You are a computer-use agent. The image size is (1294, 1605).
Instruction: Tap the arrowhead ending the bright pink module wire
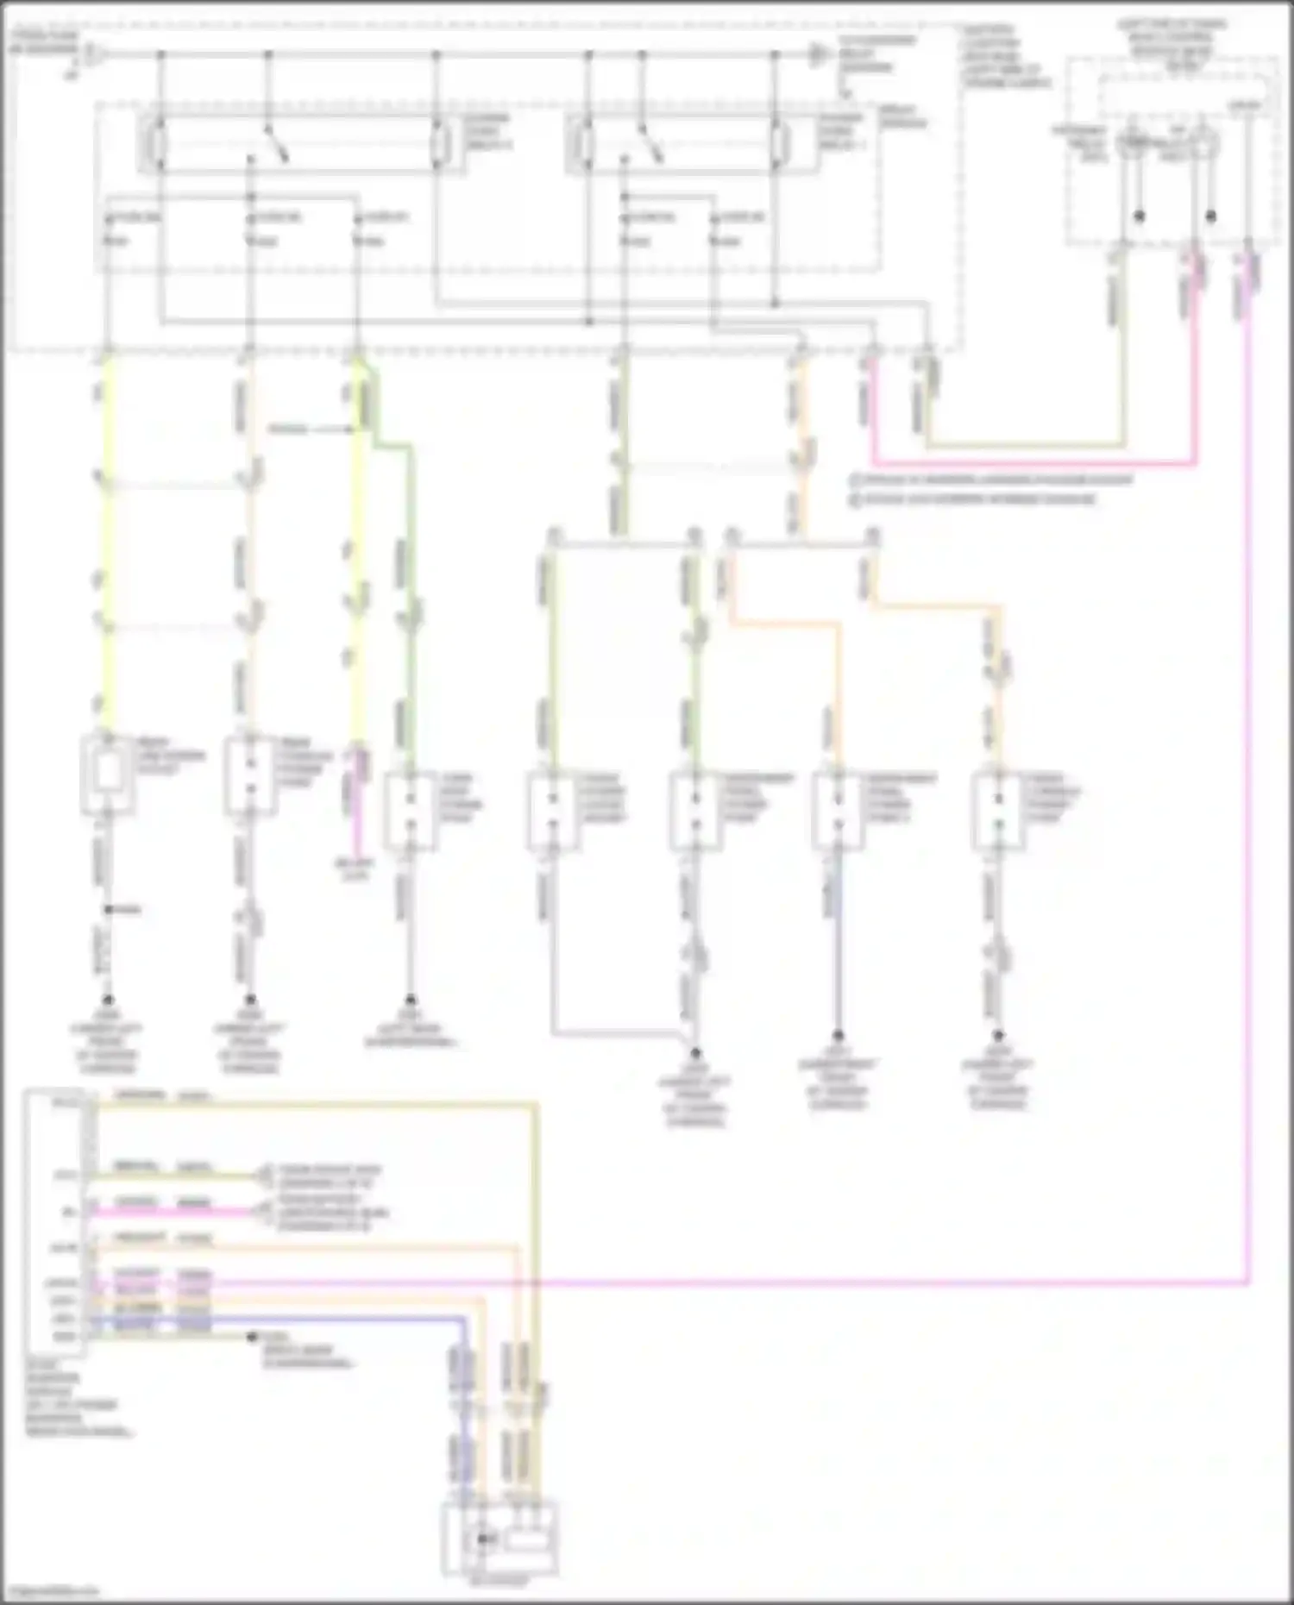[x=258, y=1212]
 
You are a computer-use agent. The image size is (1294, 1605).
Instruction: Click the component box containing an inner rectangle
[x=107, y=774]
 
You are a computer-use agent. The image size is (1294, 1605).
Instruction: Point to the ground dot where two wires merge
[x=695, y=1053]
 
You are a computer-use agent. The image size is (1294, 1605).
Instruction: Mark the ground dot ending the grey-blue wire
[x=838, y=1035]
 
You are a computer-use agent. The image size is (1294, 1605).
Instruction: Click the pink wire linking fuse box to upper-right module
[x=1035, y=464]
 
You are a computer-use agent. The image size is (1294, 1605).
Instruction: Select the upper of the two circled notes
[x=992, y=480]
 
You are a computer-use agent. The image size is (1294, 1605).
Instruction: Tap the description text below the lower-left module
[x=78, y=1397]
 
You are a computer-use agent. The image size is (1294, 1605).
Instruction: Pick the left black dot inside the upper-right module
[x=1139, y=216]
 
